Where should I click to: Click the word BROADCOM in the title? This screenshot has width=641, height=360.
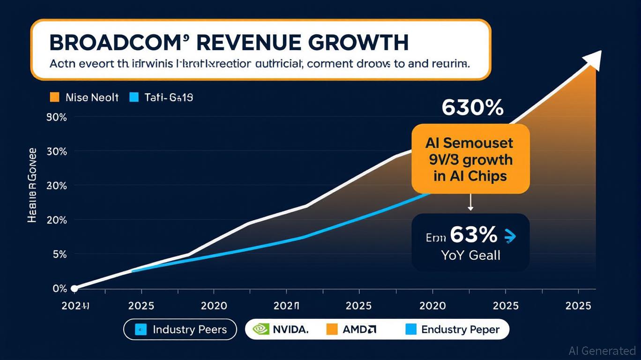pos(113,43)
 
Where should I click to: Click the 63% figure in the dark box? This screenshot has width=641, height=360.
pos(473,235)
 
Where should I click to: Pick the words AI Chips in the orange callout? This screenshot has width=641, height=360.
pos(470,176)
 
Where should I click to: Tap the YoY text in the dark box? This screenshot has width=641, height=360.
pos(452,255)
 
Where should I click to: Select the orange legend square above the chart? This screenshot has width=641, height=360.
pos(54,97)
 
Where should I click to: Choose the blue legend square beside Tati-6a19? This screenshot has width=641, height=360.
pos(134,97)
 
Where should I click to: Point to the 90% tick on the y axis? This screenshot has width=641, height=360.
pos(57,118)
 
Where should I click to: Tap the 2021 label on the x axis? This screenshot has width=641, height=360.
pos(286,306)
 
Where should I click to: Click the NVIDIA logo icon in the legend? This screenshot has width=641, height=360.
pos(261,330)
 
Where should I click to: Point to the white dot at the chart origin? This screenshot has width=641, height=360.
pos(74,288)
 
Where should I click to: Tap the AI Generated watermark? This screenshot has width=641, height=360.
pos(602,351)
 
